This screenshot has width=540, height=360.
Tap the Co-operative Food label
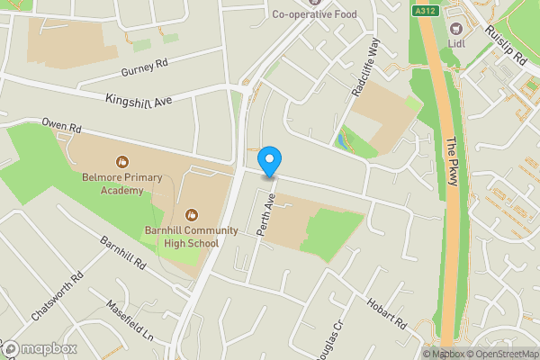coord(314,13)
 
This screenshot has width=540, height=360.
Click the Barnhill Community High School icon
coord(191,213)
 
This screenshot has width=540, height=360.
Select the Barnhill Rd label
coord(123,254)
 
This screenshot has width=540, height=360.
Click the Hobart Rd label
coord(387,313)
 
